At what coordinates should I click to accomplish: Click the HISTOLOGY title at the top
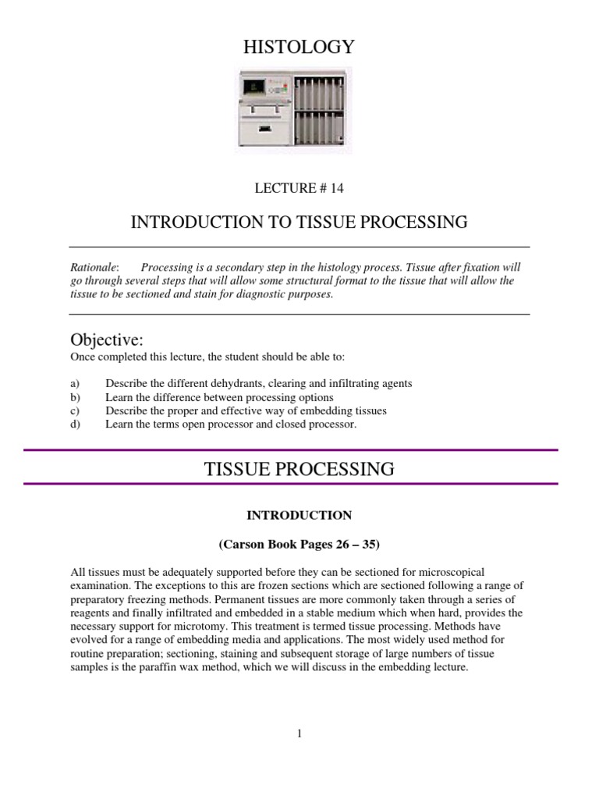(x=299, y=48)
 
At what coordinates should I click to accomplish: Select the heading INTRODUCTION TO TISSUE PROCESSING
(x=299, y=222)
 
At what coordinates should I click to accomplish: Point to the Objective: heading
(x=107, y=340)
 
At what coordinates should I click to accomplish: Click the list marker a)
(x=75, y=384)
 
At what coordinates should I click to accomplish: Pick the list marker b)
(x=75, y=397)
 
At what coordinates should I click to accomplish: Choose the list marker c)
(x=75, y=410)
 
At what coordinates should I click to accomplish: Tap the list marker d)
(x=75, y=424)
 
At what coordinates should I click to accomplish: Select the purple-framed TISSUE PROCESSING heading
(x=299, y=469)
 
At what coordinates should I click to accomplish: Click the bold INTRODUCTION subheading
(x=299, y=515)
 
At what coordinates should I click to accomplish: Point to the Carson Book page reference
(x=299, y=544)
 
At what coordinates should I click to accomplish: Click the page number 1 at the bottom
(x=299, y=733)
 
